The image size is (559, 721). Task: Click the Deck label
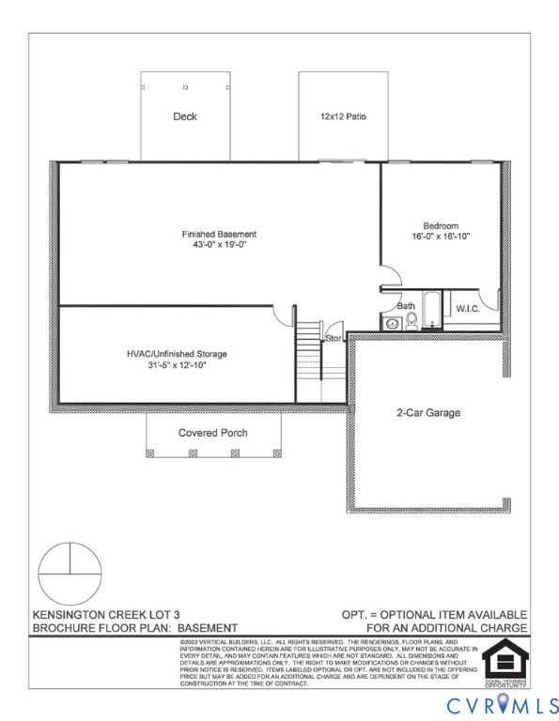(184, 117)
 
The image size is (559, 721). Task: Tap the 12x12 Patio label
(342, 117)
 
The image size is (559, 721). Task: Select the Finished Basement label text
(219, 234)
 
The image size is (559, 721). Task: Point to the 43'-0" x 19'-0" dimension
(219, 246)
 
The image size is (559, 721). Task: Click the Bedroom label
(440, 225)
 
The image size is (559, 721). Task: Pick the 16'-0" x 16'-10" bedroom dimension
(440, 237)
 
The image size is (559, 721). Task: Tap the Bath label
(406, 306)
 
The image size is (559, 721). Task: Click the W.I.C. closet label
(468, 309)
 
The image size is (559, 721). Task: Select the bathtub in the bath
(431, 312)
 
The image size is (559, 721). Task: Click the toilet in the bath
(411, 322)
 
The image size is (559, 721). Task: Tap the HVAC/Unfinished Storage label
(177, 354)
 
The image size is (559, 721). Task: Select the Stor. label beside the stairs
(334, 337)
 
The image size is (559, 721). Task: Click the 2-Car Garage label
(427, 412)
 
